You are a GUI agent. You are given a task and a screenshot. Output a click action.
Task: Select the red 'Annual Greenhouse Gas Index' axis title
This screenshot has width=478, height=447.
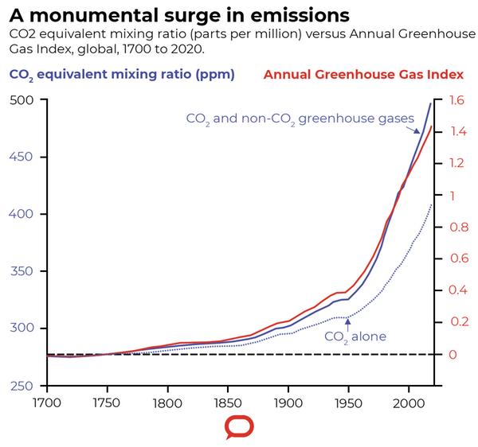(x=363, y=75)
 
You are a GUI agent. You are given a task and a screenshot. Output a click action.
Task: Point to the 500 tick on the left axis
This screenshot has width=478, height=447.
(x=22, y=100)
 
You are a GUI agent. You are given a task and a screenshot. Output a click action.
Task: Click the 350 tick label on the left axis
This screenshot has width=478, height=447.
(x=22, y=272)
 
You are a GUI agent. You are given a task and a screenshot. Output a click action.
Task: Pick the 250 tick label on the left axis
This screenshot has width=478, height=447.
(x=22, y=386)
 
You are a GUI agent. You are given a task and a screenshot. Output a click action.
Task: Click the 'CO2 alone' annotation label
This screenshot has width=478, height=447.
(x=355, y=336)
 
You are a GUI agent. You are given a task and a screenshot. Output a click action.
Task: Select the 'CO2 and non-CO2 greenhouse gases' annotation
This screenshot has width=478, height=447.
(x=300, y=119)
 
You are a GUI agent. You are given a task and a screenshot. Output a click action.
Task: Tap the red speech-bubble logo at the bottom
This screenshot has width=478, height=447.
(x=239, y=427)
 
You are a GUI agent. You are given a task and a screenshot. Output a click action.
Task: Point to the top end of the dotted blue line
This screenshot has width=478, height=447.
(x=431, y=205)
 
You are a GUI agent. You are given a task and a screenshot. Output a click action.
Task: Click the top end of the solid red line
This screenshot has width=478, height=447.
(x=432, y=126)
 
